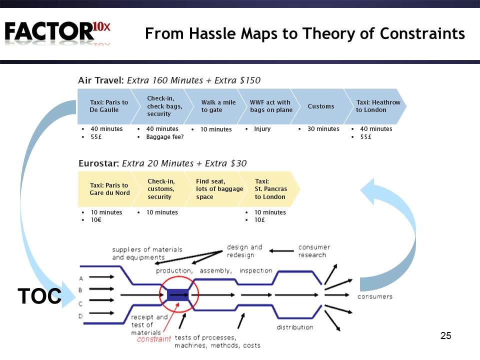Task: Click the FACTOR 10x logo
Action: pos(57,32)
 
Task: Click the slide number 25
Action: pos(445,335)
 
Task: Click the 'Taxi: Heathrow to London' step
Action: pos(375,106)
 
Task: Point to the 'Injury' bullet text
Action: pos(262,129)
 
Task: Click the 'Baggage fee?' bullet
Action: pos(165,137)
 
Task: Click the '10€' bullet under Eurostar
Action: pos(96,220)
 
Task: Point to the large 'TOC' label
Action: pos(39,296)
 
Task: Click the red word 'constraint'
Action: pos(153,339)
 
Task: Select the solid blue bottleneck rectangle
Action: pos(178,295)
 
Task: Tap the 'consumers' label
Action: pos(374,296)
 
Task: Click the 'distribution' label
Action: pos(295,327)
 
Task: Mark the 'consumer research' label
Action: pos(314,251)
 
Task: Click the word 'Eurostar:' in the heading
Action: pos(98,163)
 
